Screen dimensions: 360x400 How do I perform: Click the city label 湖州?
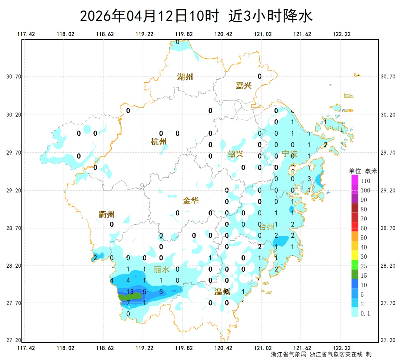pyautogui.click(x=185, y=77)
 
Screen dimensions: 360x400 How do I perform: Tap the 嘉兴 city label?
pyautogui.click(x=244, y=86)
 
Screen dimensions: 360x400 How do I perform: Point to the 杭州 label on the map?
pyautogui.click(x=159, y=142)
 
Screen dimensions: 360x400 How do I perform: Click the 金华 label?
pyautogui.click(x=191, y=201)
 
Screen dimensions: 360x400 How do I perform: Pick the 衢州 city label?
pyautogui.click(x=106, y=214)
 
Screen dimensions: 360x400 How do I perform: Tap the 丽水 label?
pyautogui.click(x=161, y=270)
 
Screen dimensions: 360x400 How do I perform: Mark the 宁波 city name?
pyautogui.click(x=289, y=154)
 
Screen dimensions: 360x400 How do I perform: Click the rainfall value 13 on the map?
pyautogui.click(x=130, y=291)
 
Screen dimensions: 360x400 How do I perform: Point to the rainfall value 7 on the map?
pyautogui.click(x=128, y=303)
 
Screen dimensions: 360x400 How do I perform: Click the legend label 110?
pyautogui.click(x=366, y=181)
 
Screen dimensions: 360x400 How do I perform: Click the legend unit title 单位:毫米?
pyautogui.click(x=363, y=171)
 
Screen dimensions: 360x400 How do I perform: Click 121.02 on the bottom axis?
pyautogui.click(x=263, y=348)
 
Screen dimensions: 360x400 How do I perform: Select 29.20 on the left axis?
pyautogui.click(x=14, y=191)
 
